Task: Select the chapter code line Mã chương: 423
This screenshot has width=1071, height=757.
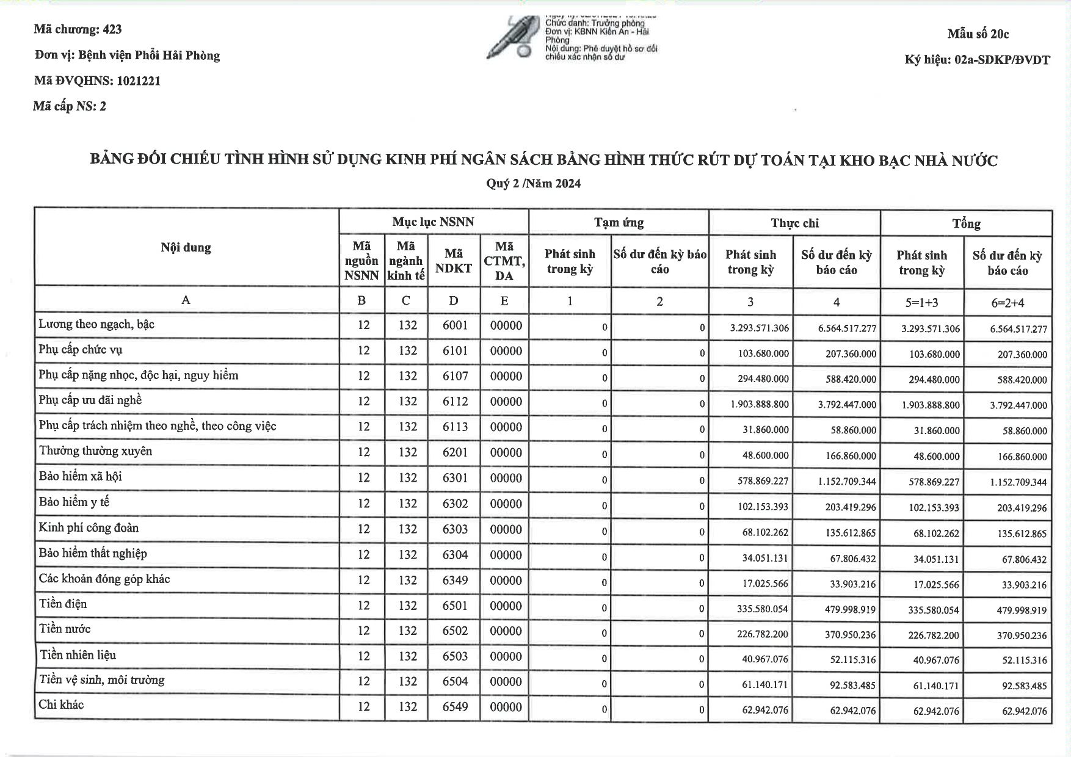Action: click(x=78, y=29)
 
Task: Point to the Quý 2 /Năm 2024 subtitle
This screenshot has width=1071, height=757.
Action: click(x=533, y=183)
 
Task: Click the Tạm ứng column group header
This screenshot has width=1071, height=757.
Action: click(x=619, y=222)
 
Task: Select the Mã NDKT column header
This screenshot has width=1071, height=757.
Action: click(x=454, y=261)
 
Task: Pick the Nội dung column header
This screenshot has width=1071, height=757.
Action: click(x=186, y=247)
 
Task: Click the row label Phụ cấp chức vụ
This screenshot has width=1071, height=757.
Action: click(x=81, y=350)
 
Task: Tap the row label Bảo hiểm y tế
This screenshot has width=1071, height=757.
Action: click(x=74, y=502)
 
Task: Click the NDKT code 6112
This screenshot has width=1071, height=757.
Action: click(x=456, y=402)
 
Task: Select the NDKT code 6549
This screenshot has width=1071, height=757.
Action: click(x=456, y=707)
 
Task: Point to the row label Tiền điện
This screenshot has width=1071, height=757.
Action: click(x=63, y=604)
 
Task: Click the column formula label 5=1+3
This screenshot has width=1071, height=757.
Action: click(x=921, y=302)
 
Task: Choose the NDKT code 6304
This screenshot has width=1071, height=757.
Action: click(x=456, y=554)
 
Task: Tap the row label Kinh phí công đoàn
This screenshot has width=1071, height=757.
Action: click(x=89, y=528)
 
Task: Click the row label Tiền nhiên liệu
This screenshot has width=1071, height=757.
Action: click(x=78, y=655)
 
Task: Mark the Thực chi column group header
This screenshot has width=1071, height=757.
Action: click(x=794, y=223)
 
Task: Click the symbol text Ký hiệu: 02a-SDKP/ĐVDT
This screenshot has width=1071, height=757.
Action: click(x=977, y=60)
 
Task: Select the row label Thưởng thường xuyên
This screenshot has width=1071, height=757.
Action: click(x=95, y=451)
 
